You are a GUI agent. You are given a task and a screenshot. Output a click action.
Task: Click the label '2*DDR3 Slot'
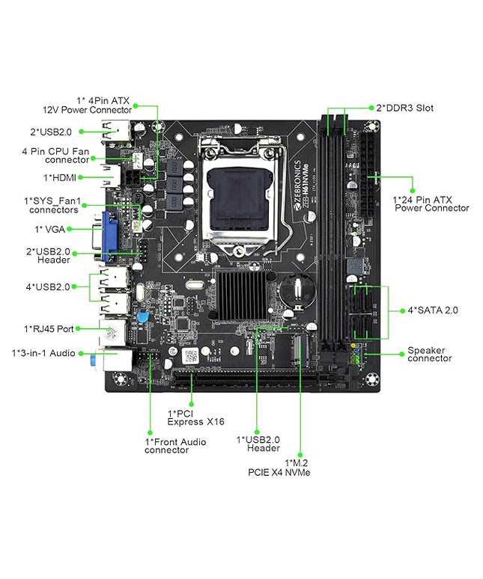[x=404, y=108]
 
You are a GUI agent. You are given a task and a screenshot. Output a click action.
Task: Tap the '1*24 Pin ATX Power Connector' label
[x=431, y=203]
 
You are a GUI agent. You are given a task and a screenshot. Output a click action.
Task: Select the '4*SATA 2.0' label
[x=432, y=309]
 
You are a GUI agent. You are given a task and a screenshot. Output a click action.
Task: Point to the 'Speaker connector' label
[x=429, y=354]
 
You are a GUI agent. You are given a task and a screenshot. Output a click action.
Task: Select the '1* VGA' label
[x=49, y=228]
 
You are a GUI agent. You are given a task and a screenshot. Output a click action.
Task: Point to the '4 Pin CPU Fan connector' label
[x=55, y=155]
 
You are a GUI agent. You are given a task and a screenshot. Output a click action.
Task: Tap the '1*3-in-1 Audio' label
[x=43, y=352]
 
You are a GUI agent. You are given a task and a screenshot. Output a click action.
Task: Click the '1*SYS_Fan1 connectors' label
[x=52, y=205]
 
